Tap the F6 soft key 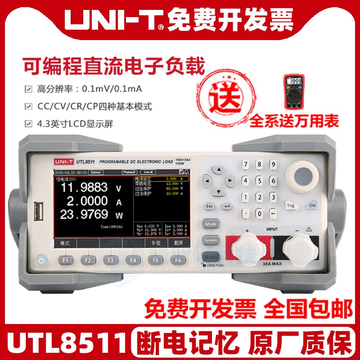(178, 260)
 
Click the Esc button (209, 206)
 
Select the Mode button (210, 223)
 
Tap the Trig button (291, 206)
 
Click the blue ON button (311, 206)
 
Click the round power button (41, 260)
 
